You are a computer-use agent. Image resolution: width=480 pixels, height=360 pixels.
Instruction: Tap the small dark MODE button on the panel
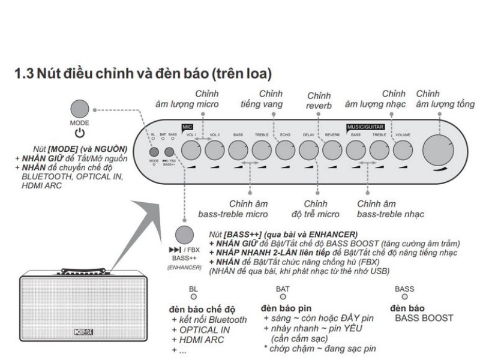click(x=154, y=152)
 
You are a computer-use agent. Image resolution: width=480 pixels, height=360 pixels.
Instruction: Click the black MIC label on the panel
click(x=187, y=127)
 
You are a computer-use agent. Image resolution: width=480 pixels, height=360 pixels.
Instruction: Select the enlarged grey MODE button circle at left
click(x=82, y=109)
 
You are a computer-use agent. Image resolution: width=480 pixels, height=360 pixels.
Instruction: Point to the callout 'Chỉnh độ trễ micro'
click(x=316, y=209)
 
